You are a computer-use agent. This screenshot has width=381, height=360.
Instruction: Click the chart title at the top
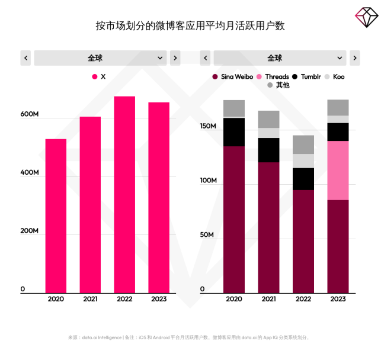[x=190, y=25]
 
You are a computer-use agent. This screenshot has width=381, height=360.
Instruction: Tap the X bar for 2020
[x=56, y=216]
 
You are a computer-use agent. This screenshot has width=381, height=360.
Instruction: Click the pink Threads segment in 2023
[x=338, y=171]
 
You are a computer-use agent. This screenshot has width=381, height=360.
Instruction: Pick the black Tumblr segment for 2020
[x=234, y=132]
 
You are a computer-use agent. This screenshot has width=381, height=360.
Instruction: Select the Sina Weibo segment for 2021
[x=268, y=227]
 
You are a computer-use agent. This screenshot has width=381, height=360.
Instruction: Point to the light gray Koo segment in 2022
[x=303, y=161]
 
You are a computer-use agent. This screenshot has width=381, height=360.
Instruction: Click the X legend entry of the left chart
[x=99, y=77]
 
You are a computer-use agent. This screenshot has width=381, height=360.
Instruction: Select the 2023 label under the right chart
[x=338, y=299]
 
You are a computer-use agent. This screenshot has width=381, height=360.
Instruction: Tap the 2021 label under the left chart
[x=90, y=299]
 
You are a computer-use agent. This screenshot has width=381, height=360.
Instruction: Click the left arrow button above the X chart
[x=25, y=58]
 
